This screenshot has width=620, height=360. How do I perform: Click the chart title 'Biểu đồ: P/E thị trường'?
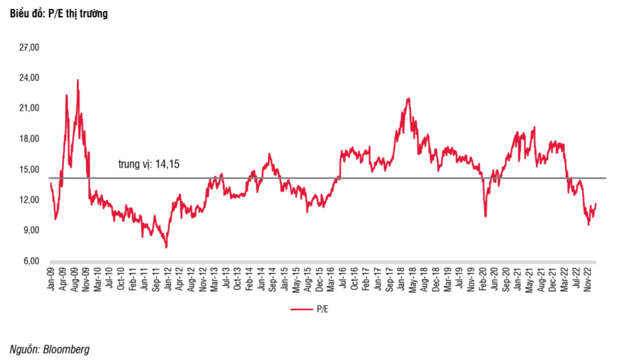tap(59, 14)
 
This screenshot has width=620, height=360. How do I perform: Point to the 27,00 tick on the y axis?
tap(29, 48)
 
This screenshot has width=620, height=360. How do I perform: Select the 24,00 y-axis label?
tap(29, 77)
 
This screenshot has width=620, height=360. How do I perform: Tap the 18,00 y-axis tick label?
tap(29, 138)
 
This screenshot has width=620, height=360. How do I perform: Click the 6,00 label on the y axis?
tap(32, 261)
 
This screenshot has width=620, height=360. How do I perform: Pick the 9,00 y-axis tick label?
tap(32, 230)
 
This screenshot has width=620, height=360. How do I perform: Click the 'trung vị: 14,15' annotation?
tap(149, 164)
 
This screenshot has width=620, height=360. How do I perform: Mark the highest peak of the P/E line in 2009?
tap(77, 80)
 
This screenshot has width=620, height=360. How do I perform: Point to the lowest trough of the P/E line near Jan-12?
tap(166, 247)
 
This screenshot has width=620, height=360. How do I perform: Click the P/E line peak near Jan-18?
tap(408, 99)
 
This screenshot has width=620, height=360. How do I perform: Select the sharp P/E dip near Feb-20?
tap(485, 216)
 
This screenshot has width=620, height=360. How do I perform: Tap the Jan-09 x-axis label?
tap(51, 279)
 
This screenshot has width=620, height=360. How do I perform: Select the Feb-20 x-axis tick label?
tap(483, 279)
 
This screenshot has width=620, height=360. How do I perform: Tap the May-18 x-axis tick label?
tap(413, 279)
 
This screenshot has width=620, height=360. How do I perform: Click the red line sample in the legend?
tap(302, 309)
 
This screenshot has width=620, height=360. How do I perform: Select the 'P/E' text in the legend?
tap(323, 309)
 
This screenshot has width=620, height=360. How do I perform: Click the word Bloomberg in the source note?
tap(66, 349)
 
